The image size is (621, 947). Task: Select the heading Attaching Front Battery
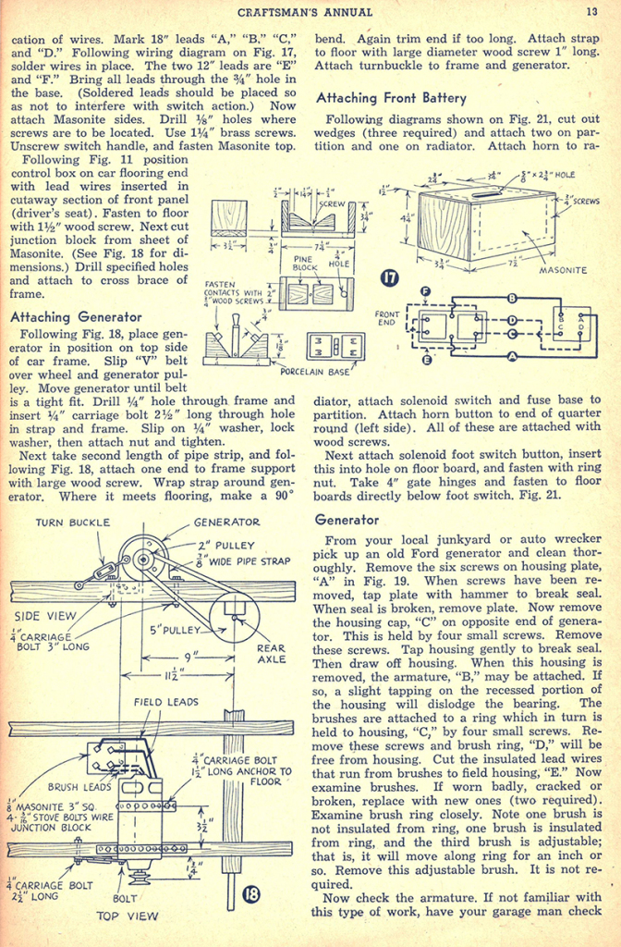pyautogui.click(x=391, y=97)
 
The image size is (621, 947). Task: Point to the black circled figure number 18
pyautogui.click(x=252, y=893)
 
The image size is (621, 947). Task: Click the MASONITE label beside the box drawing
pyautogui.click(x=564, y=270)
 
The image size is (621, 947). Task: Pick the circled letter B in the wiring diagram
pyautogui.click(x=511, y=298)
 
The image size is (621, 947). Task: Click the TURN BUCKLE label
pyautogui.click(x=72, y=523)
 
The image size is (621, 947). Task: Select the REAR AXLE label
pyautogui.click(x=271, y=654)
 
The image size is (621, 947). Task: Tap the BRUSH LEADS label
pyautogui.click(x=75, y=787)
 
